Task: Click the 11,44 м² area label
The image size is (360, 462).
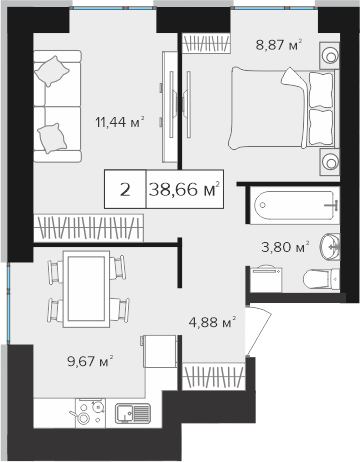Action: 120,122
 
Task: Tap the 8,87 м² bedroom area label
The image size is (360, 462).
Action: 279,44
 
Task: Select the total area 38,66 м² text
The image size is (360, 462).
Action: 184,189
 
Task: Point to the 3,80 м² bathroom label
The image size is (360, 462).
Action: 285,247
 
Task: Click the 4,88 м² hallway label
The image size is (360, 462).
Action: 212,322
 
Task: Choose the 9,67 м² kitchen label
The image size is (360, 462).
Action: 90,361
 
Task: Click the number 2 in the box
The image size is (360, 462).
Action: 125,190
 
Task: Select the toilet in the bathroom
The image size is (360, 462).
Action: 321,279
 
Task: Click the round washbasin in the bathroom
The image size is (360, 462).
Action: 330,246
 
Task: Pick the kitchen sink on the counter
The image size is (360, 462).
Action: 133,413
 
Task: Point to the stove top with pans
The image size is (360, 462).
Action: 90,413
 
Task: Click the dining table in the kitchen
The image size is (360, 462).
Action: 86,289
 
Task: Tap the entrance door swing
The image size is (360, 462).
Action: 258,330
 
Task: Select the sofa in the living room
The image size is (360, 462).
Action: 57,106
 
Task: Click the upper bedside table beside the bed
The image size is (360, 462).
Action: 329,55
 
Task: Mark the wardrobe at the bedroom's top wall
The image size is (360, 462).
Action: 206,43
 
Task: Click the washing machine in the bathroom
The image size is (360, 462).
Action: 266,279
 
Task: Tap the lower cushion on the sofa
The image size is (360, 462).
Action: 52,138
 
